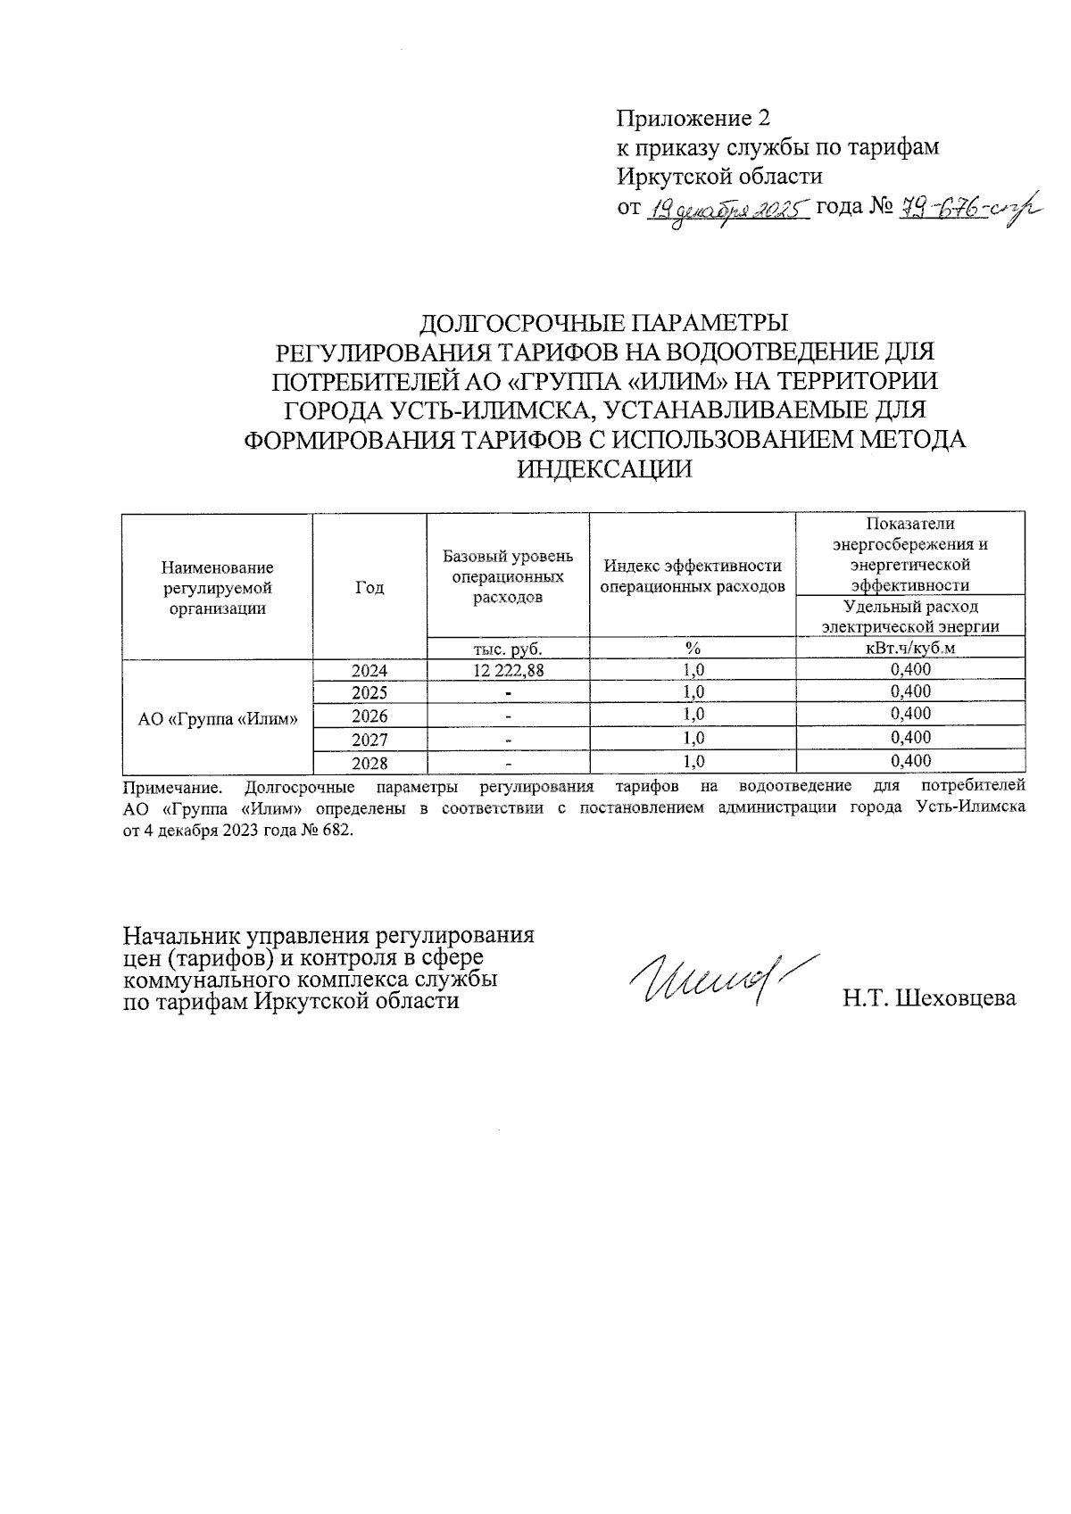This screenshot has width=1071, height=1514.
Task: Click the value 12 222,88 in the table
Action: click(x=508, y=670)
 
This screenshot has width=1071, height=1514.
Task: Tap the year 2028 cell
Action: click(x=369, y=763)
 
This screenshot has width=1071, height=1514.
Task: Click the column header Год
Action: click(x=369, y=587)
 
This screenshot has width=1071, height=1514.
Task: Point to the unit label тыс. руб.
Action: click(x=508, y=649)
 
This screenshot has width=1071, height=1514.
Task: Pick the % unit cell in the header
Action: click(x=693, y=649)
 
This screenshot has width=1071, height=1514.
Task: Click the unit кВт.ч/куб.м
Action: click(x=909, y=649)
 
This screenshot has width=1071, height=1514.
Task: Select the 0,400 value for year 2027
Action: click(x=910, y=738)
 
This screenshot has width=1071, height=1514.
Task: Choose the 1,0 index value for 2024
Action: click(x=693, y=670)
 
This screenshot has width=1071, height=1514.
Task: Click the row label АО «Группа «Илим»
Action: click(x=218, y=718)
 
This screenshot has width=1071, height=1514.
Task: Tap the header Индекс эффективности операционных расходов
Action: click(x=693, y=575)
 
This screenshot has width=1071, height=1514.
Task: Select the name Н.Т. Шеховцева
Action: click(x=929, y=998)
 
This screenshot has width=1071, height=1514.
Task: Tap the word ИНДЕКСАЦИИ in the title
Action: click(x=605, y=469)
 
